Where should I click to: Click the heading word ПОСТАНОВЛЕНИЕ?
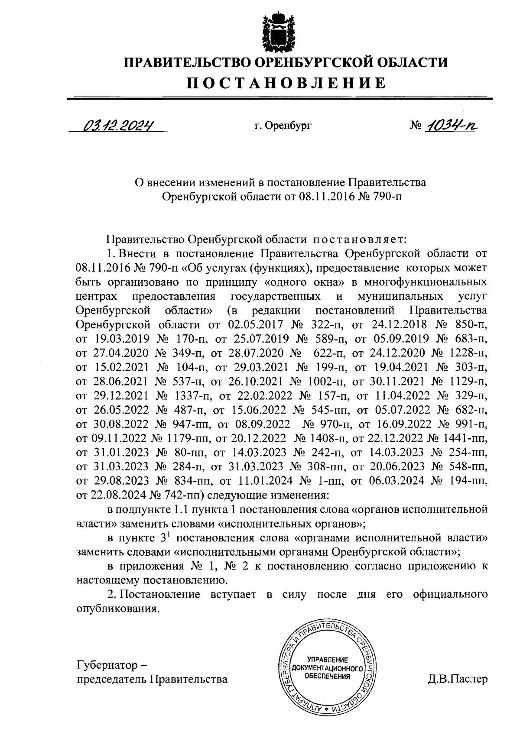tap(286, 83)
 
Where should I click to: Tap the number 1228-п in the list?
tap(470, 353)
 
